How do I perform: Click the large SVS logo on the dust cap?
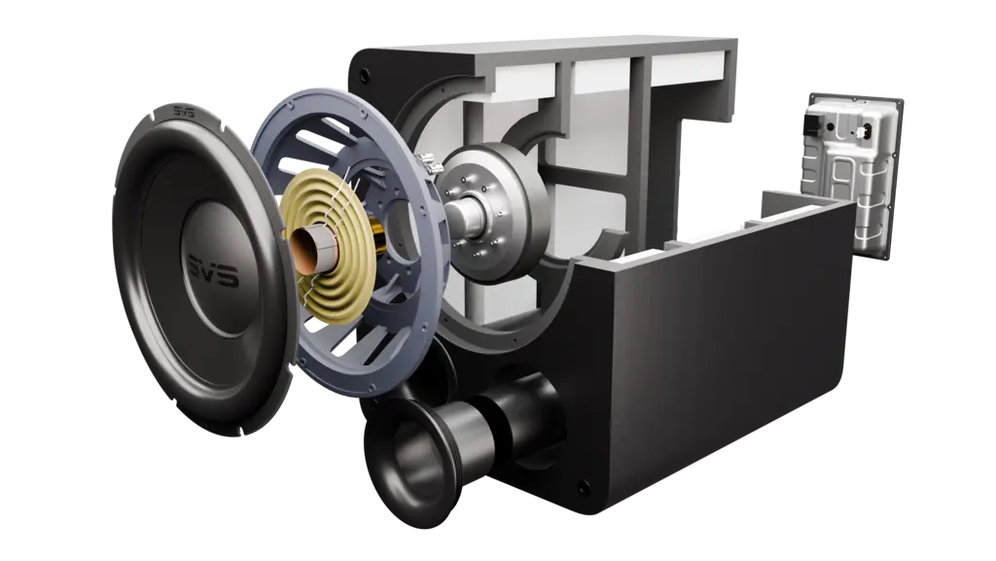[x=213, y=271]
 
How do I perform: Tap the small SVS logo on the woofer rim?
[x=184, y=113]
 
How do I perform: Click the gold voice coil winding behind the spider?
[x=376, y=240]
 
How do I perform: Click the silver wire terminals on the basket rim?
[x=430, y=162]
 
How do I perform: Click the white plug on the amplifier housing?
[x=864, y=132]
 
